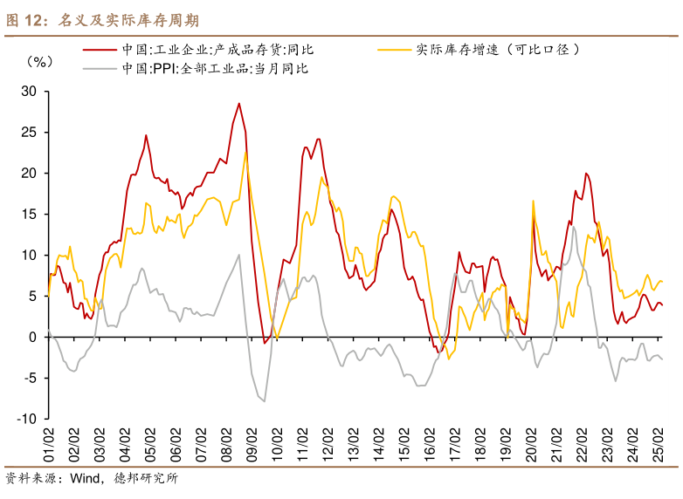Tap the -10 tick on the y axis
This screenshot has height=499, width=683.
click(x=25, y=419)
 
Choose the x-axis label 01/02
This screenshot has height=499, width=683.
click(x=49, y=447)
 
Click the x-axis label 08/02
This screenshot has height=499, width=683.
click(x=227, y=447)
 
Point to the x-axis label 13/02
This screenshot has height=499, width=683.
click(x=354, y=447)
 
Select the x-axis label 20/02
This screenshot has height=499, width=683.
click(x=531, y=447)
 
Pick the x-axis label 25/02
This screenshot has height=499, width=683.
click(x=658, y=447)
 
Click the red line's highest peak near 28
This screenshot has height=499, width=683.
click(x=238, y=104)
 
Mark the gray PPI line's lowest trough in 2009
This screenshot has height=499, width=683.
click(x=264, y=400)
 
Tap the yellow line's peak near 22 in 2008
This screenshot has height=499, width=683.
click(x=246, y=153)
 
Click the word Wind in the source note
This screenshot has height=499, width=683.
click(x=86, y=478)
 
